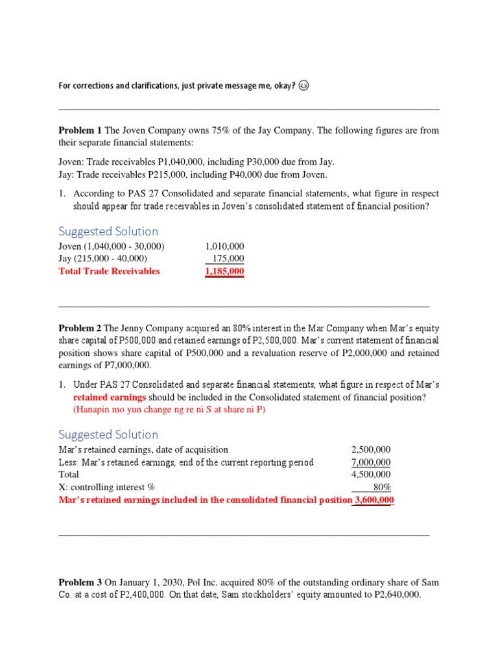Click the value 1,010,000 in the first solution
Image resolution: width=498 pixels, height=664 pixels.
[224, 246]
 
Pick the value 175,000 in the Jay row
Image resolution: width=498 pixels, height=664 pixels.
[228, 259]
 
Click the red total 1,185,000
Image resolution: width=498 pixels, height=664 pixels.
[224, 271]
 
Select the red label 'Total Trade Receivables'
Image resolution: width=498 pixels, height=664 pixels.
[109, 271]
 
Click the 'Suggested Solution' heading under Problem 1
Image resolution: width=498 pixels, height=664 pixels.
[108, 231]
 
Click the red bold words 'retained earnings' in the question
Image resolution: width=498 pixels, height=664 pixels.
[110, 397]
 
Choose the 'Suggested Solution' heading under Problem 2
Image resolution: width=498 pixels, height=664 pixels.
[108, 434]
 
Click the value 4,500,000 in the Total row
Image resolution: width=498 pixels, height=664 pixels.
[371, 475]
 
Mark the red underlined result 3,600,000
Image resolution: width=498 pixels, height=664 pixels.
[373, 500]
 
